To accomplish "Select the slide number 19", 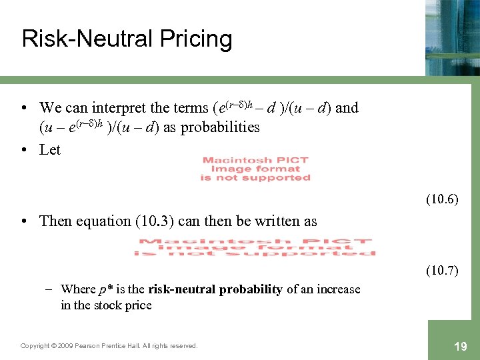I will click(x=459, y=346).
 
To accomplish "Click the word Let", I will click(x=50, y=150).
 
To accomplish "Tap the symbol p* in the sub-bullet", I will click(x=107, y=289).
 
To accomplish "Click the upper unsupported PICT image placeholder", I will click(x=255, y=169).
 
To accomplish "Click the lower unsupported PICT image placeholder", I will click(x=255, y=247).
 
